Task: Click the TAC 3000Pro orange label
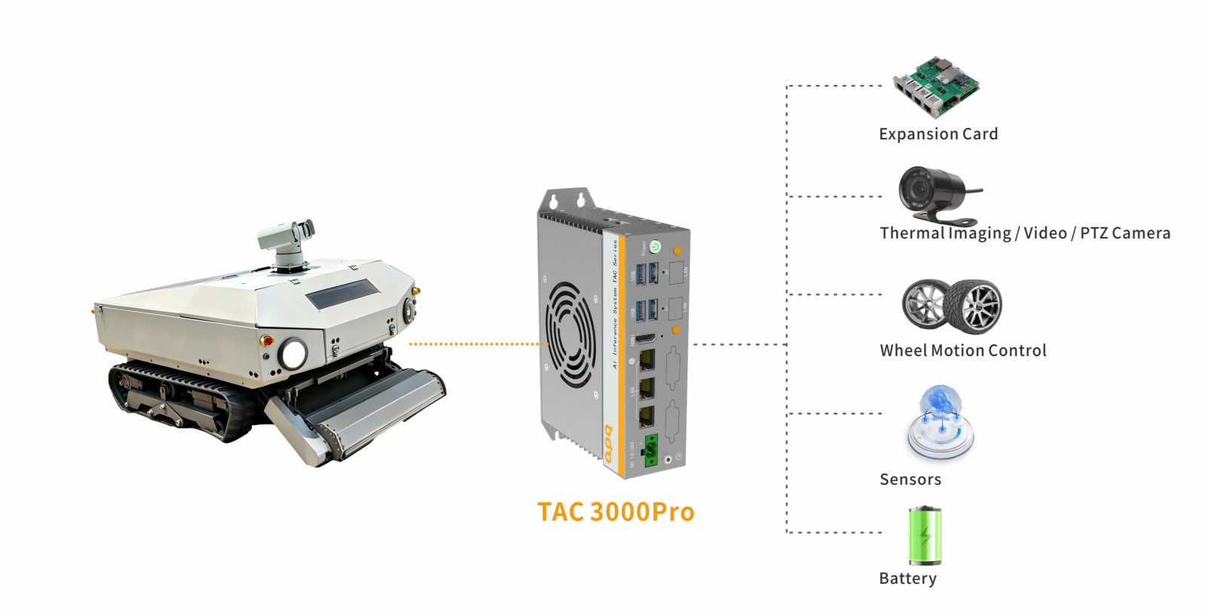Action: [615, 512]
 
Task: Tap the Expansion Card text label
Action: [938, 134]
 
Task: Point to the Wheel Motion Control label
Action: [963, 350]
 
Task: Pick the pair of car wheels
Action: [952, 306]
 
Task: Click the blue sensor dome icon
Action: [940, 422]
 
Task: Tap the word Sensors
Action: [910, 480]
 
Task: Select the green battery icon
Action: [925, 535]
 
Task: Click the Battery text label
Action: [908, 578]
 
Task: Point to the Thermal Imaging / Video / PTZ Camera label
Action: [1025, 233]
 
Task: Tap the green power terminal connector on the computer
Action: [650, 450]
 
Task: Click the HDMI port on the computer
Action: [646, 339]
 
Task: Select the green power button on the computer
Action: [655, 247]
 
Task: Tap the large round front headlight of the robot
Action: [293, 353]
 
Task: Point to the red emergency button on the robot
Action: [265, 340]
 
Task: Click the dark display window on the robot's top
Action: [343, 293]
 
